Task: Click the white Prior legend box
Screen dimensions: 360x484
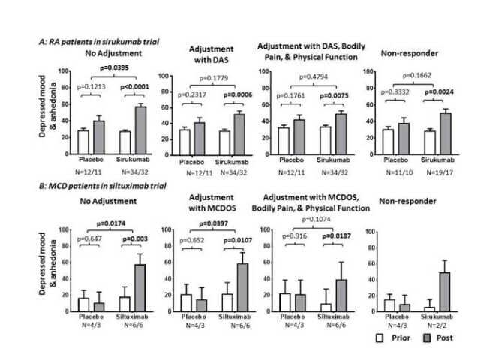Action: point(383,337)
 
